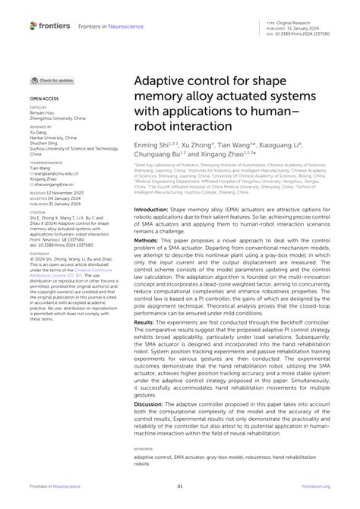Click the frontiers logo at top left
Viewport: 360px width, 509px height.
coord(50,26)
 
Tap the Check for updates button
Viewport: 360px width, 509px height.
coord(52,80)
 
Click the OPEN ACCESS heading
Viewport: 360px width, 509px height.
coord(45,99)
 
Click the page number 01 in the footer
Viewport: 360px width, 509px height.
coord(180,486)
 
